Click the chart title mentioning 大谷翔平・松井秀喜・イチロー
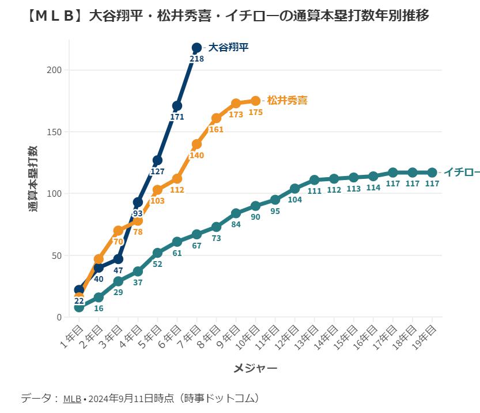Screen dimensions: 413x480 pos(227,16)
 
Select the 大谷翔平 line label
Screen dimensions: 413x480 pos(228,48)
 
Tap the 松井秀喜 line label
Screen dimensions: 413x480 pos(287,101)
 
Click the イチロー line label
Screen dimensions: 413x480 pos(461,172)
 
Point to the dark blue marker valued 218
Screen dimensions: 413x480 pos(196,48)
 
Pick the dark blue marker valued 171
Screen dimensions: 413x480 pos(177,106)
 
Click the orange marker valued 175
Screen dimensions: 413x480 pos(255,101)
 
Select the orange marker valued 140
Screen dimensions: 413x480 pos(196,144)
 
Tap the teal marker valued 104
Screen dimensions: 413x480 pos(294,189)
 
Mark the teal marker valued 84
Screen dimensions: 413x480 pos(236,213)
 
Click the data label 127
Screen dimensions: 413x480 pos(157,171)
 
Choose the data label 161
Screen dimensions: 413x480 pos(216,129)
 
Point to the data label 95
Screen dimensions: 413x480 pos(275,211)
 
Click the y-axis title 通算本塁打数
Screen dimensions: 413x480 pos(33,178)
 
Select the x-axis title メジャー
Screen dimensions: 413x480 pos(255,368)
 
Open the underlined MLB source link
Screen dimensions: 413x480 pos(72,399)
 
